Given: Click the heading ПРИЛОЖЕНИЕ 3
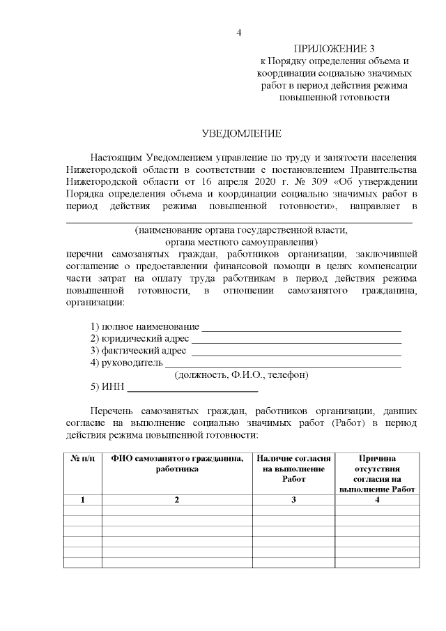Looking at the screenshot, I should [x=334, y=49].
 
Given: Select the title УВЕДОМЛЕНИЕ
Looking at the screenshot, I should [x=241, y=132].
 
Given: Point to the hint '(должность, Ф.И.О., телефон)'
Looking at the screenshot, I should [x=241, y=375].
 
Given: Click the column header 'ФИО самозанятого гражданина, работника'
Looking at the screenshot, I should [x=177, y=464].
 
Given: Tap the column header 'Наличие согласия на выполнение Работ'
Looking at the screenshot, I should [x=293, y=469].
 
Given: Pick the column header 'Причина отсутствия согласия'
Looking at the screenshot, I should [x=377, y=473].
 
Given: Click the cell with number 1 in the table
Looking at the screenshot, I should [x=83, y=499].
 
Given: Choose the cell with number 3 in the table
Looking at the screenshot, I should [x=293, y=499].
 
